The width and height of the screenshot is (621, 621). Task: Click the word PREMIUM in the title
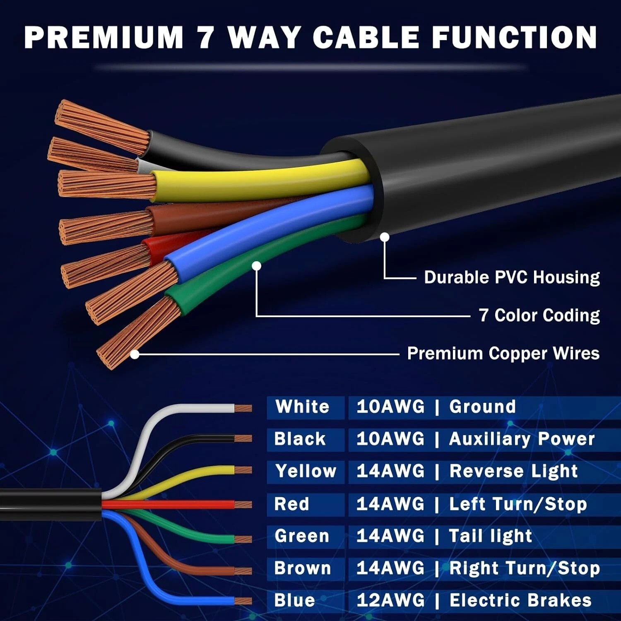tap(104, 37)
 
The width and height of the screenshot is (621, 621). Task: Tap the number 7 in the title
tap(206, 37)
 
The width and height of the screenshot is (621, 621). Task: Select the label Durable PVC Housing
tap(512, 277)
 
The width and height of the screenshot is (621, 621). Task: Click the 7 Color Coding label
tap(539, 315)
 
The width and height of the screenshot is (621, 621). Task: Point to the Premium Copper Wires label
tap(503, 354)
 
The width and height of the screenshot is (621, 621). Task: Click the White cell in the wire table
tap(302, 407)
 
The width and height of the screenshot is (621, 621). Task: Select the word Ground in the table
tap(482, 407)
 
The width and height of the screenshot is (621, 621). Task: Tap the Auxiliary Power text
tap(522, 439)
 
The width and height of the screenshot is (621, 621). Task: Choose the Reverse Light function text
tap(513, 472)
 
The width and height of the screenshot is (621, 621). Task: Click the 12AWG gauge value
tap(390, 600)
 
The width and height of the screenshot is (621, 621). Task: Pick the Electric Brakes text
tap(520, 600)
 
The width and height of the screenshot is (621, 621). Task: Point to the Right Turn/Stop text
tap(525, 568)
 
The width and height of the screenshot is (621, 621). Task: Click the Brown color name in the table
tap(303, 568)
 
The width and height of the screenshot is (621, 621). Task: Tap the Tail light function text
tap(490, 536)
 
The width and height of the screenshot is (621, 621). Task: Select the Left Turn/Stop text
tap(518, 504)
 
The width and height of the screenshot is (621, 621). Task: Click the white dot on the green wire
tap(257, 266)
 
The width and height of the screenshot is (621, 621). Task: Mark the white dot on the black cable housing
tap(385, 237)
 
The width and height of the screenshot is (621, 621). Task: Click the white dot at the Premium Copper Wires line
tap(135, 354)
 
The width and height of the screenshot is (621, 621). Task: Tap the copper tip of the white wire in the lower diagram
tap(243, 408)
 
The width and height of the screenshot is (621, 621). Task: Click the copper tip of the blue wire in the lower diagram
tap(243, 601)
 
